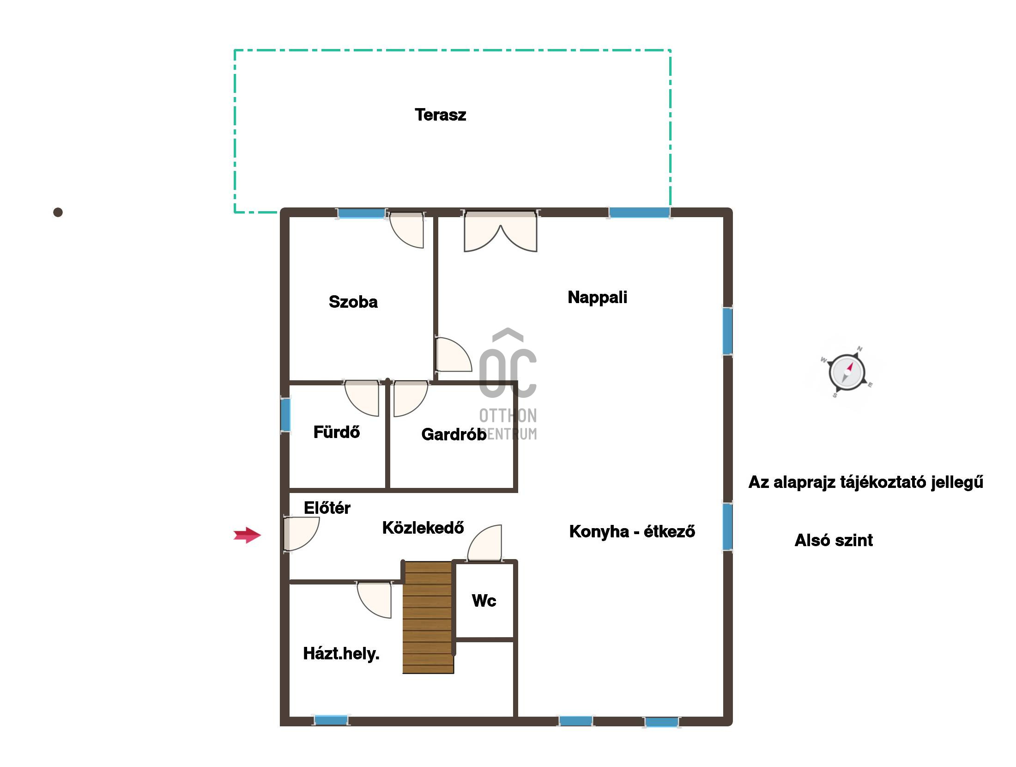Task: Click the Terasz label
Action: coord(440,115)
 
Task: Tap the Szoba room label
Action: coord(353,302)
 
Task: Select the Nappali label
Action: coord(597,297)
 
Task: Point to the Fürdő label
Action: coord(337,432)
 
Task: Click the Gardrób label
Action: coord(454,434)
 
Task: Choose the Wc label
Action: coord(484,601)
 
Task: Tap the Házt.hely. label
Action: coord(341,654)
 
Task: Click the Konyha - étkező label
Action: coord(632,531)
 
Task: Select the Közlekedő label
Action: coord(423,528)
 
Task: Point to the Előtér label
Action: coord(327,508)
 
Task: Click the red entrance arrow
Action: coord(248,535)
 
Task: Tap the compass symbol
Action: coord(847,372)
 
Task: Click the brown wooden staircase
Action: coord(428,617)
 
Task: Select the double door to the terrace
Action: coord(501,231)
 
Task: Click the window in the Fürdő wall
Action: coord(286,414)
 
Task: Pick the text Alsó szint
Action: coord(834,540)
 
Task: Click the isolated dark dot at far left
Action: coord(58,212)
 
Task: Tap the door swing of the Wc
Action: coord(484,543)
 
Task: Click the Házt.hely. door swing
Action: coord(375,600)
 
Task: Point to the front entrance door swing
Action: coord(301,534)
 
